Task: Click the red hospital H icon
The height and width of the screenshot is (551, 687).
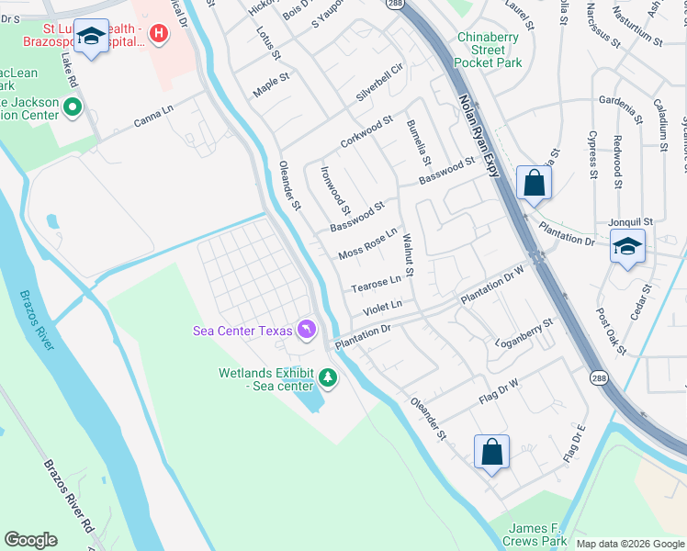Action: [159, 35]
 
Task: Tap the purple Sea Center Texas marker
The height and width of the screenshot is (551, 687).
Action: [307, 330]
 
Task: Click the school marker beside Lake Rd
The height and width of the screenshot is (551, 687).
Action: [90, 36]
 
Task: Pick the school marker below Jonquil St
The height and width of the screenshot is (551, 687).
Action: [627, 246]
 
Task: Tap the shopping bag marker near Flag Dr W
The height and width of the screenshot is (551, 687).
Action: [491, 451]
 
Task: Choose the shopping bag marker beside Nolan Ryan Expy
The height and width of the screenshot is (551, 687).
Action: [534, 183]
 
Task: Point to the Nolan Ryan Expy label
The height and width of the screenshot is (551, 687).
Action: [478, 128]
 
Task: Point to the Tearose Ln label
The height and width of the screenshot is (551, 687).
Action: [377, 284]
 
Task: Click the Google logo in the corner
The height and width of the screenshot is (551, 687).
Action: [31, 540]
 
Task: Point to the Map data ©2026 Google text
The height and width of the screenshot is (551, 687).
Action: [628, 544]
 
